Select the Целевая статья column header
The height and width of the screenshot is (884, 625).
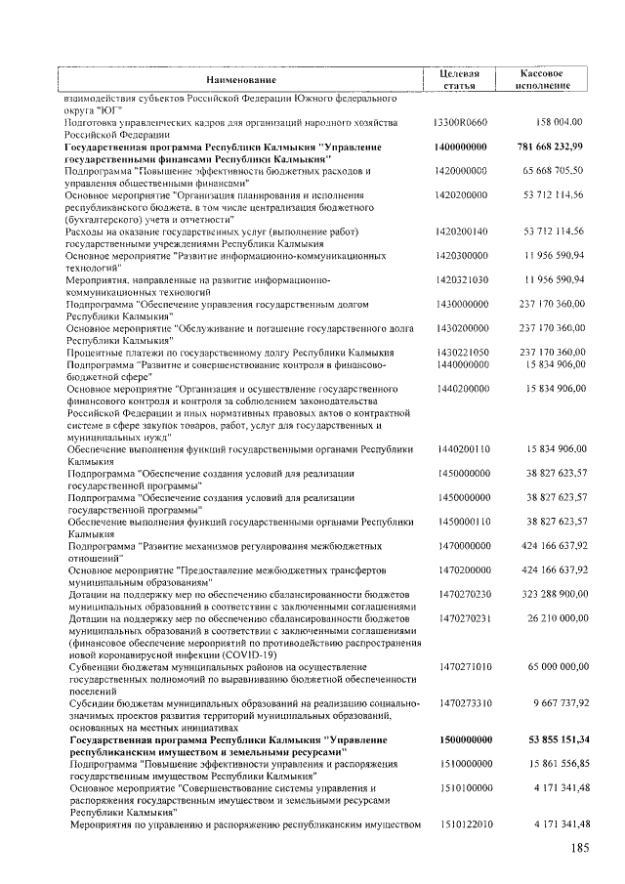point(459,79)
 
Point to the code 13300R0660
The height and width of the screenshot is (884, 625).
point(459,122)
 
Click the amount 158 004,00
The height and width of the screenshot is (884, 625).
point(560,122)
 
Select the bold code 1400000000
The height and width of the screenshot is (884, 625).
point(459,147)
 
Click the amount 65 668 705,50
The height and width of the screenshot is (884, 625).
point(553,170)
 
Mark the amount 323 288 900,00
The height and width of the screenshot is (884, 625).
point(549,593)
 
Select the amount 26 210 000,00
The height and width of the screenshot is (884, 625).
point(553,617)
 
